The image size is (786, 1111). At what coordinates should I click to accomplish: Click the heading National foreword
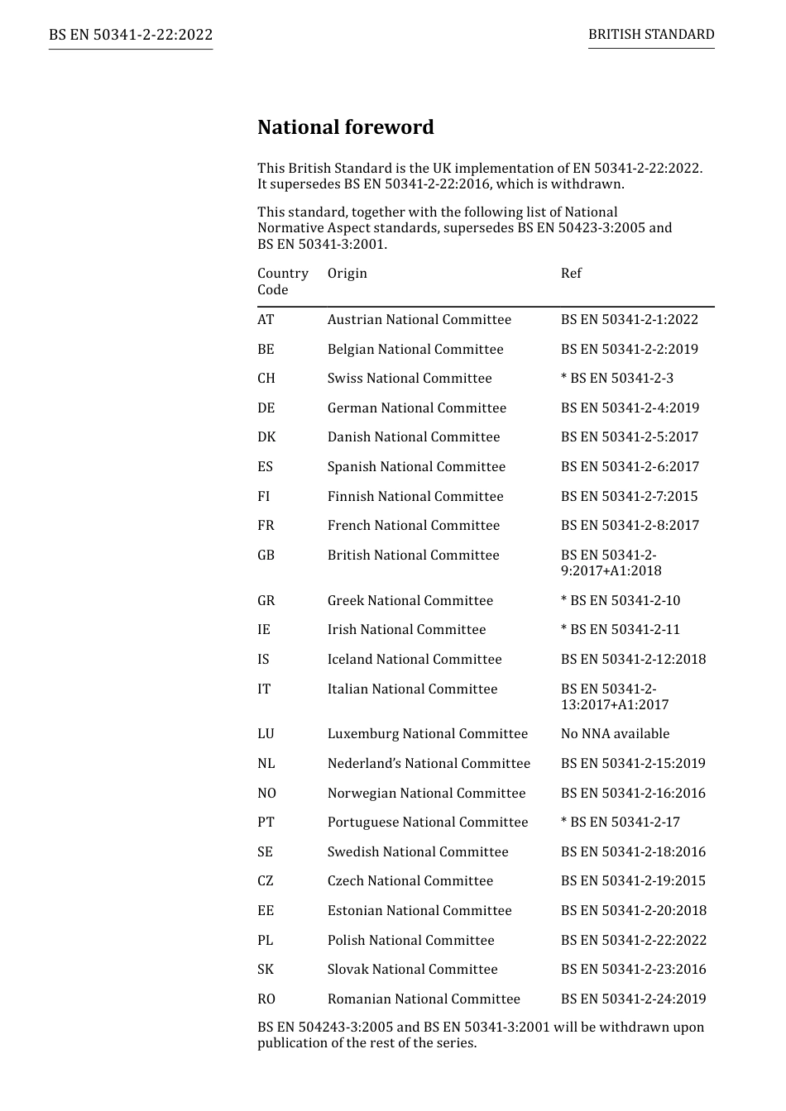pyautogui.click(x=345, y=127)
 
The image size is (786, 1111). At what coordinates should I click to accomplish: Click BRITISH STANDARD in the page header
pyautogui.click(x=651, y=35)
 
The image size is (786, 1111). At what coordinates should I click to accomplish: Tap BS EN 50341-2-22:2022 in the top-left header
pyautogui.click(x=131, y=35)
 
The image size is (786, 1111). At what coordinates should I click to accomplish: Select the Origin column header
pyautogui.click(x=347, y=274)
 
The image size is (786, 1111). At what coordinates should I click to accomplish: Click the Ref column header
pyautogui.click(x=571, y=274)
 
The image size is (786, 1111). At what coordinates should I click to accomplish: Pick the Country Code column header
pyautogui.click(x=282, y=281)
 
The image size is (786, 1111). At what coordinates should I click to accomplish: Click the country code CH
pyautogui.click(x=266, y=379)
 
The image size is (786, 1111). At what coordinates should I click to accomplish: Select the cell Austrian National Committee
pyautogui.click(x=419, y=320)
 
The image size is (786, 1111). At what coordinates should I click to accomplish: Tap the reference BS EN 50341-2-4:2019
pyautogui.click(x=630, y=408)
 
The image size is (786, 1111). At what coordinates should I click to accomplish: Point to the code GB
pyautogui.click(x=266, y=555)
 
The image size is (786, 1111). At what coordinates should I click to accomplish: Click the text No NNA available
pyautogui.click(x=615, y=734)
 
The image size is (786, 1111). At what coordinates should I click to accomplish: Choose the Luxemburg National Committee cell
pyautogui.click(x=427, y=734)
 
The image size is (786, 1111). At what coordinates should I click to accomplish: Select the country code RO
pyautogui.click(x=266, y=999)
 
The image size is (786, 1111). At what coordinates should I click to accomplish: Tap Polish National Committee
pyautogui.click(x=410, y=941)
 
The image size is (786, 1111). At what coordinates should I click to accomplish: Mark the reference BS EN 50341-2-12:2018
pyautogui.click(x=633, y=660)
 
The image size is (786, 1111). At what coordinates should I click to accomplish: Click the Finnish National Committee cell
pyautogui.click(x=415, y=497)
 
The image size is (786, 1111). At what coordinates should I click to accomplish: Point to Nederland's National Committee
pyautogui.click(x=429, y=764)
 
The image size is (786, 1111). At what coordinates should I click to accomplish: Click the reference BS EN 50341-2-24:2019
pyautogui.click(x=633, y=999)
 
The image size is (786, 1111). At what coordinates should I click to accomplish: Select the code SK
pyautogui.click(x=265, y=970)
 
